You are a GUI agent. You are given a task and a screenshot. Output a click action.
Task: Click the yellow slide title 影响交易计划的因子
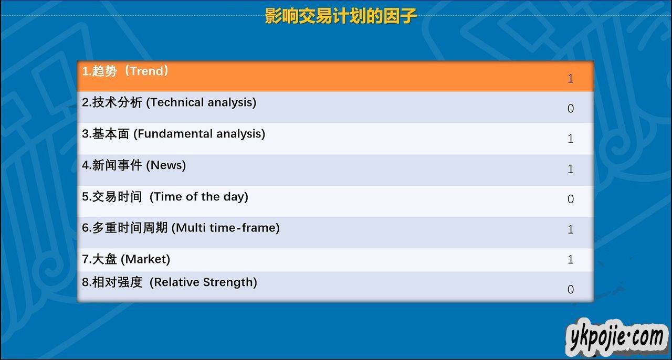(x=341, y=16)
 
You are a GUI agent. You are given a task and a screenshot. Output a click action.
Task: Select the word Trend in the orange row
(x=146, y=71)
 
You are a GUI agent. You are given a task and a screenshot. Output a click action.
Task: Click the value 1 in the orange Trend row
(x=571, y=79)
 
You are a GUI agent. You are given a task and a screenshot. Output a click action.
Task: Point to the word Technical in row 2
(x=177, y=102)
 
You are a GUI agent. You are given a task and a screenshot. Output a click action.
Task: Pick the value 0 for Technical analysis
(x=571, y=108)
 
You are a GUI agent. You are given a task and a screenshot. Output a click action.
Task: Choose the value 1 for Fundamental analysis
(x=571, y=139)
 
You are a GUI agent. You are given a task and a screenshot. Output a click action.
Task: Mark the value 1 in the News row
(x=571, y=169)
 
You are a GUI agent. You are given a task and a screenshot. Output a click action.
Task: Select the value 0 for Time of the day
(x=571, y=199)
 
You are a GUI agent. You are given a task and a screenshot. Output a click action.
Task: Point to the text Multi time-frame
(x=227, y=228)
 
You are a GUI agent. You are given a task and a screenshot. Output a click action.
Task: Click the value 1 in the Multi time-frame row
(x=571, y=229)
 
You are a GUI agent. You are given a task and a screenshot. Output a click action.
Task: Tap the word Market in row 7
(x=145, y=259)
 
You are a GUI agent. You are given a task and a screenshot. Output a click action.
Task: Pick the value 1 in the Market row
(x=571, y=259)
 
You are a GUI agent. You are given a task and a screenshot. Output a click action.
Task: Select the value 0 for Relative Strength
(x=571, y=289)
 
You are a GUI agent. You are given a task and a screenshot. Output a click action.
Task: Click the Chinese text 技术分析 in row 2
(x=117, y=102)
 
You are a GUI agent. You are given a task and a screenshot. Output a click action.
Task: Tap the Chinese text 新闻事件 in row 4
(x=117, y=165)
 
